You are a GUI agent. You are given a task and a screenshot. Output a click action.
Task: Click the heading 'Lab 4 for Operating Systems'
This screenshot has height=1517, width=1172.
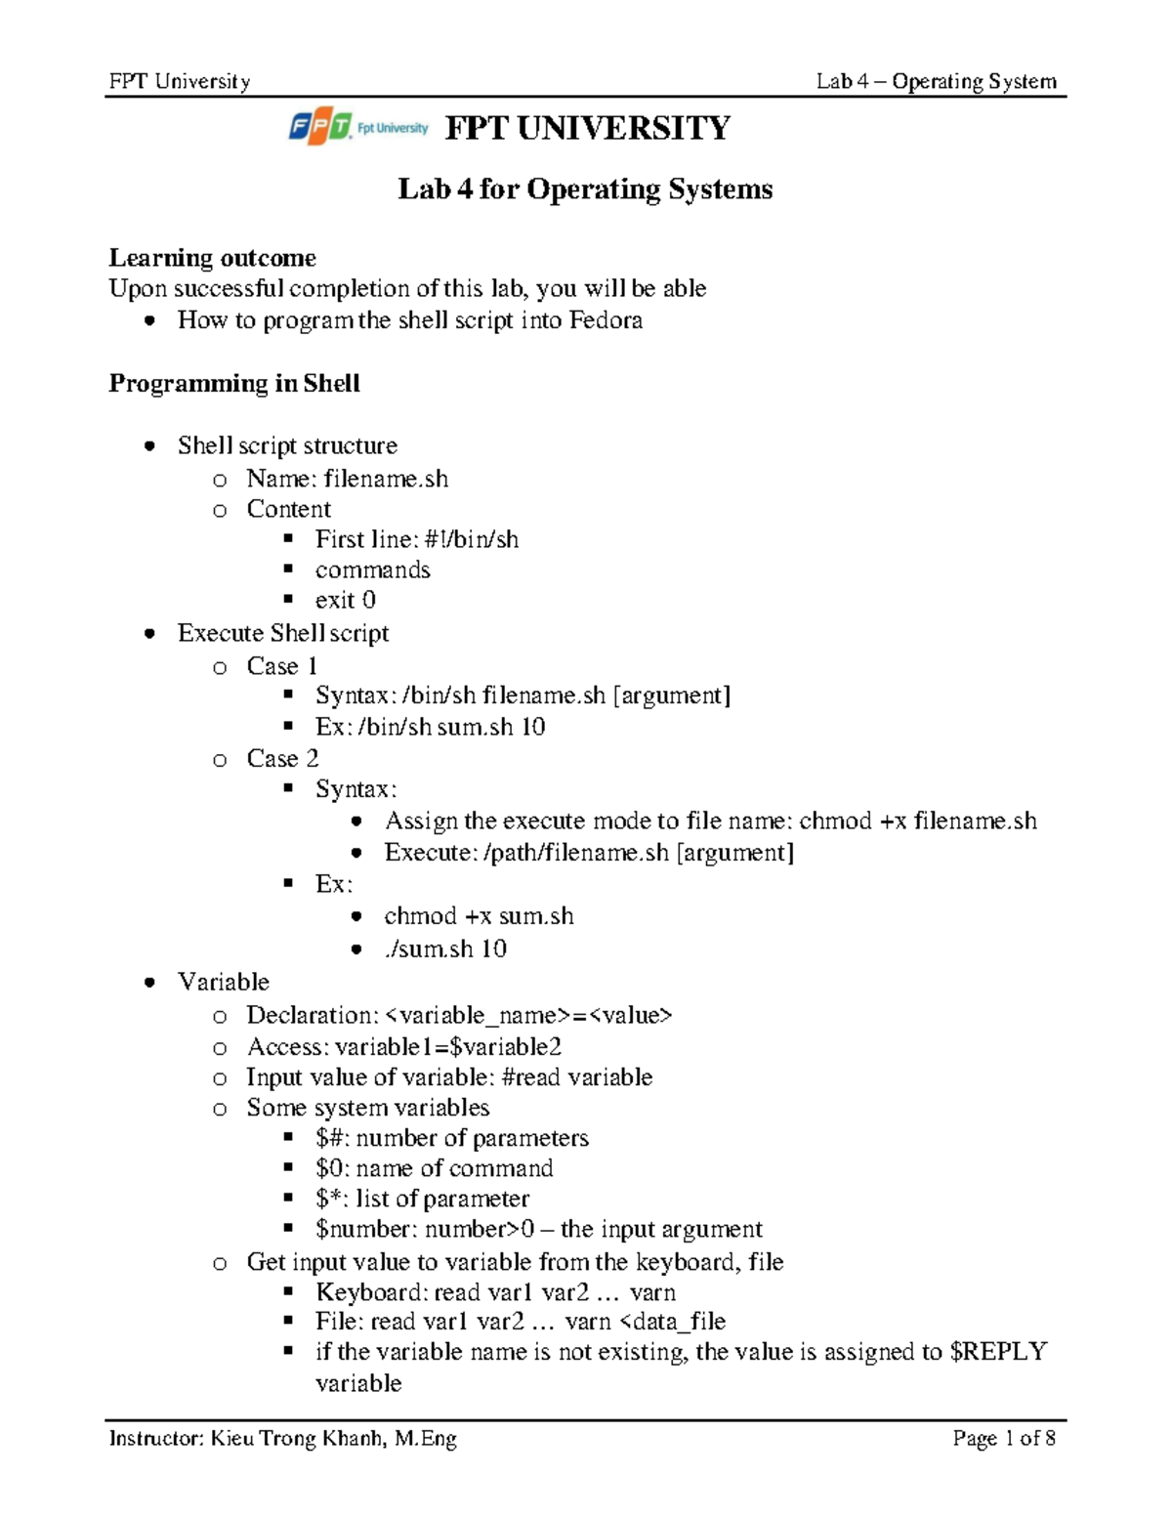tap(585, 189)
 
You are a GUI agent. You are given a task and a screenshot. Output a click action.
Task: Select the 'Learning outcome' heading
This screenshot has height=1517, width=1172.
tap(212, 258)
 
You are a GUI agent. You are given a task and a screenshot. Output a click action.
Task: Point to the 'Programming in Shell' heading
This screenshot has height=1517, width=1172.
tap(234, 383)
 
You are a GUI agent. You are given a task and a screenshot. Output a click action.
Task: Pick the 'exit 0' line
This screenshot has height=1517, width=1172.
tap(345, 600)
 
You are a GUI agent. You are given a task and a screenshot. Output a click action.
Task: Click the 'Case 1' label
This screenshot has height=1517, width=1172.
tap(282, 666)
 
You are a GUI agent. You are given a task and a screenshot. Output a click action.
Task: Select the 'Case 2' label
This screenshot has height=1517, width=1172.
tap(282, 759)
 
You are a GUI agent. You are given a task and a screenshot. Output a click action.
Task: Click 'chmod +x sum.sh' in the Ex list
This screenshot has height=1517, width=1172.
tap(479, 916)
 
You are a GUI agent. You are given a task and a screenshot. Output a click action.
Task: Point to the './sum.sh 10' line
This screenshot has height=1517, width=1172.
tap(445, 948)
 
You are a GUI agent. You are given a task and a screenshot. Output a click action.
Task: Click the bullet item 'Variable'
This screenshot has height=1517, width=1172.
tap(224, 982)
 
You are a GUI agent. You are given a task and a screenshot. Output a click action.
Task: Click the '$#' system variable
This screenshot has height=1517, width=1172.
tap(325, 1138)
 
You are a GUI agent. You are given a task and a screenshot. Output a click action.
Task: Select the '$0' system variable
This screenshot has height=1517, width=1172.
tap(327, 1168)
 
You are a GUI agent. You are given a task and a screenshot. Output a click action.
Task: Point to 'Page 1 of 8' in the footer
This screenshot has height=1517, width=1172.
tap(1004, 1438)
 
